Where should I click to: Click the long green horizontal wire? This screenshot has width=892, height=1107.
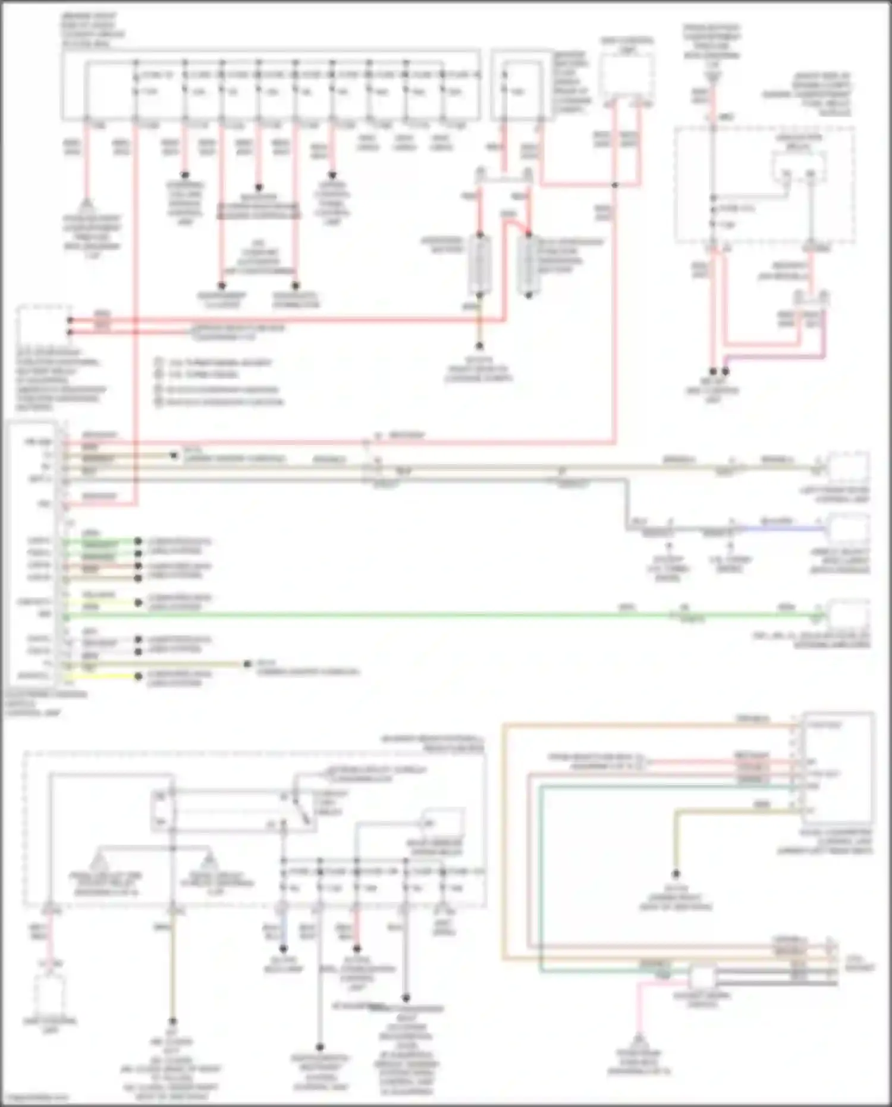pos(416,616)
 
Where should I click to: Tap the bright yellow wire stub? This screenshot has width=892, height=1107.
pos(101,676)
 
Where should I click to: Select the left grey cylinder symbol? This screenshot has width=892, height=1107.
pos(480,265)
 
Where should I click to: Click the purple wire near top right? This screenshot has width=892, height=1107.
pos(773,357)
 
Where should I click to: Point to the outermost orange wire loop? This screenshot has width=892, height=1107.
pos(504,833)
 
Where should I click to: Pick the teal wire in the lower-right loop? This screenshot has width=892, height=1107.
pos(541,880)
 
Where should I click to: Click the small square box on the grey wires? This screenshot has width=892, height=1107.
pos(702,977)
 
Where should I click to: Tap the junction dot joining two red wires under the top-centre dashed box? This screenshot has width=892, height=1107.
pos(615,185)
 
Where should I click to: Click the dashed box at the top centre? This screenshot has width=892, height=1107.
pos(626,77)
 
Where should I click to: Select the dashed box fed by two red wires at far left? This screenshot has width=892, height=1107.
pos(43,325)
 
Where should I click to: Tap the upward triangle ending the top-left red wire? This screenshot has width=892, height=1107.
pos(87,205)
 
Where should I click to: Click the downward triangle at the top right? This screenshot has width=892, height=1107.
pos(712,76)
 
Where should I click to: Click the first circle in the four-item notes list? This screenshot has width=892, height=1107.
pos(159,362)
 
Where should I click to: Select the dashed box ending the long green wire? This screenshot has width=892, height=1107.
pos(849,616)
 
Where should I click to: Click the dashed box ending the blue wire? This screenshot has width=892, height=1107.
pos(849,528)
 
